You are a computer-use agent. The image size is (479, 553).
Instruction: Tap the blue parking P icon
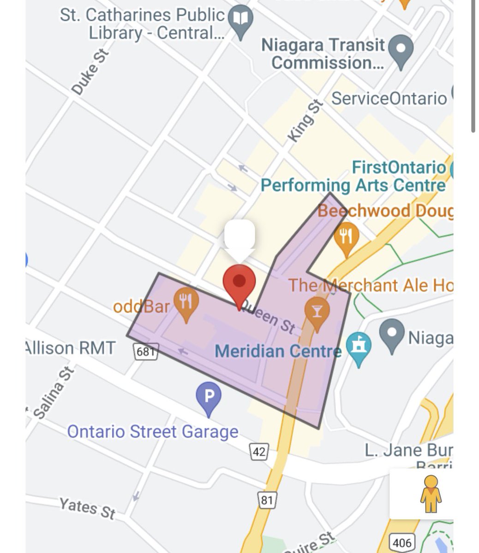click(x=209, y=397)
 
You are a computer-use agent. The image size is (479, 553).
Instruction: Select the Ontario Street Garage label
click(x=153, y=432)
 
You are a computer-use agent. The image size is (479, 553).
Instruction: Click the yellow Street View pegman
click(x=431, y=494)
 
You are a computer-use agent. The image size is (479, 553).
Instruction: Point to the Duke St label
click(x=90, y=72)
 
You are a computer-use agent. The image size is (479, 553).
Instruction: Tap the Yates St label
click(x=87, y=508)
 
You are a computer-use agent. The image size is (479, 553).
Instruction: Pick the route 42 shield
click(x=259, y=451)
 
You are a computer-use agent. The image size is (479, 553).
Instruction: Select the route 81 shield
click(x=267, y=500)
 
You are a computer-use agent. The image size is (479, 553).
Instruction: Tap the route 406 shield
click(x=401, y=542)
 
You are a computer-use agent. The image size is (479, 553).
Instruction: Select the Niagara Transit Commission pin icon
click(x=401, y=49)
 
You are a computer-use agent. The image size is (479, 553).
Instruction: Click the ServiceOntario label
click(x=389, y=98)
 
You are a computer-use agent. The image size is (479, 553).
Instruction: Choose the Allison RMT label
click(x=70, y=348)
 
